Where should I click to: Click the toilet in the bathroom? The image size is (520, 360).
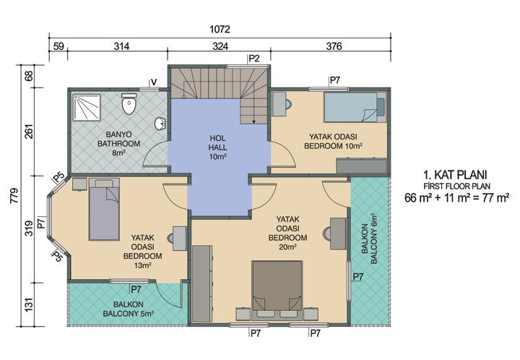coord(130,106)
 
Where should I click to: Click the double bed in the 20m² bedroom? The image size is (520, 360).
coord(277,289)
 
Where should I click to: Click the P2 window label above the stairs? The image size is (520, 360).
coord(253,58)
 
